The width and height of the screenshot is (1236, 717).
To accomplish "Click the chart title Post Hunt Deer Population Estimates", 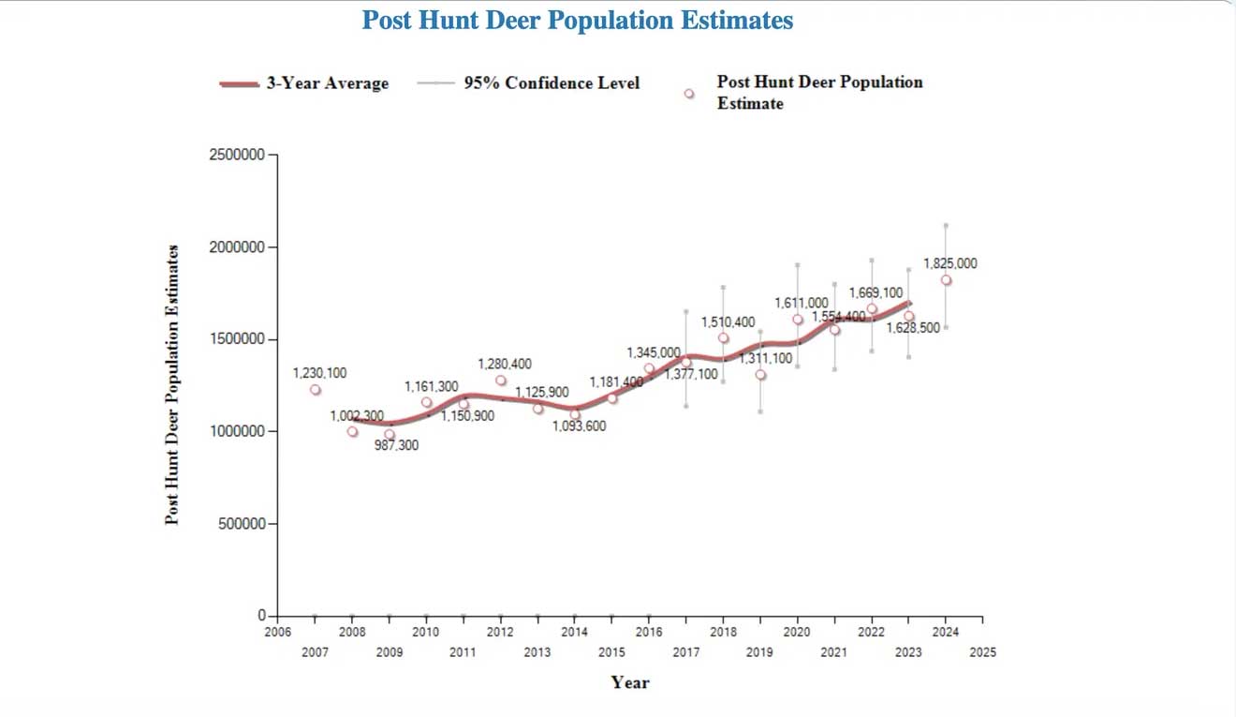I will [577, 21].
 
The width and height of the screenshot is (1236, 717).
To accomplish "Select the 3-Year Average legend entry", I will [304, 83].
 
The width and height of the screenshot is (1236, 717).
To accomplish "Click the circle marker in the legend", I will [689, 94].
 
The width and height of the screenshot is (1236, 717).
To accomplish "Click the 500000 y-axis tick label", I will [241, 523].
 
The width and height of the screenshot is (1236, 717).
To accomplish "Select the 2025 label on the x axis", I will [983, 652].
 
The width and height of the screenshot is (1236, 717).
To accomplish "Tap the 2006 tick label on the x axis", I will [277, 633].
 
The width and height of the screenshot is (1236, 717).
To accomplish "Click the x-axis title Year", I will [629, 682].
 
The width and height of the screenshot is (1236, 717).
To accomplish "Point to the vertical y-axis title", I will [172, 384].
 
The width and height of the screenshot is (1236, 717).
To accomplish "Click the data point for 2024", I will [946, 280].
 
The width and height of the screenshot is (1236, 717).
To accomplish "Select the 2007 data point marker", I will [316, 390].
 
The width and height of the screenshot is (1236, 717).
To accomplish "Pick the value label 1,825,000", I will [949, 263].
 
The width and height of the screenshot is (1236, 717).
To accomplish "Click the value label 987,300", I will [396, 446].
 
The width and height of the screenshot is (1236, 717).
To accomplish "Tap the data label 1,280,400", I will [504, 364].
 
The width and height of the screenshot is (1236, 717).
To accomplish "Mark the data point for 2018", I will [723, 338].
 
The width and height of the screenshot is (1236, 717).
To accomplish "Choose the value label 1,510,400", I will [728, 322].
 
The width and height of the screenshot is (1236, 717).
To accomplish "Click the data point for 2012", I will [501, 381].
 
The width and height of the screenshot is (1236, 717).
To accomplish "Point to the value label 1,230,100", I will [319, 373].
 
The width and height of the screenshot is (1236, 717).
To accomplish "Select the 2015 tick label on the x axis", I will [611, 652].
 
